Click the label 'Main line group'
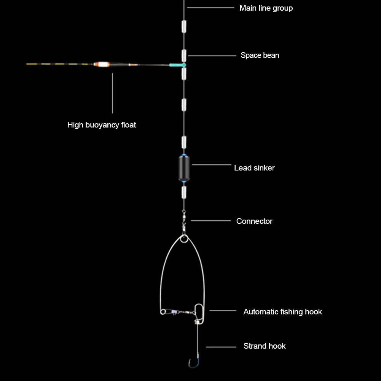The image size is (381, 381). (266, 8)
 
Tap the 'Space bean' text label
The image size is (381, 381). (260, 55)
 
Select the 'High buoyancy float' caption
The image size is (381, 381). (102, 125)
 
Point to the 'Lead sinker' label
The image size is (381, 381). (254, 168)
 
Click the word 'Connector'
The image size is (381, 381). (254, 221)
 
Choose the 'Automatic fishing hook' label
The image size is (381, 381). (282, 312)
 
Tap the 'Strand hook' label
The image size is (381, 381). (264, 346)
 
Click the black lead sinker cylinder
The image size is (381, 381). (184, 168)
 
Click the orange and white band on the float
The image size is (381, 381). (101, 64)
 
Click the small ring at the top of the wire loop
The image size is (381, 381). (184, 239)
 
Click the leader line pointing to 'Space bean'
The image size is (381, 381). (212, 56)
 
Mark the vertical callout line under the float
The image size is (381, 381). (112, 93)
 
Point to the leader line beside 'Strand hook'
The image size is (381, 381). (221, 346)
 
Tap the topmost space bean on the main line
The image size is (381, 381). (184, 27)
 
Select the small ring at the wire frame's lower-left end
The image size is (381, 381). (163, 312)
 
